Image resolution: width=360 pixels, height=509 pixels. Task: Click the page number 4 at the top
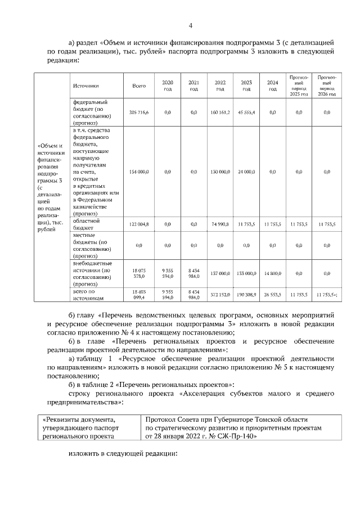coord(190,25)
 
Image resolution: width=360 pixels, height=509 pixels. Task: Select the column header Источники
coord(85,86)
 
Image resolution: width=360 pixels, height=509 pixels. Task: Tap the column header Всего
coord(138,86)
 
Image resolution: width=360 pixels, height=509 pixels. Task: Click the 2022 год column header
coord(220,86)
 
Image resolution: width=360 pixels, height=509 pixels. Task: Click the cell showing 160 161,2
coord(220,112)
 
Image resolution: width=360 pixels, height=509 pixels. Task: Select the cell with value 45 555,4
coord(246,112)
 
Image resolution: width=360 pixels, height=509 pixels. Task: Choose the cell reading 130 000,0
coord(220,172)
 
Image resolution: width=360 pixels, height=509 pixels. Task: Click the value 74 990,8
coord(220,224)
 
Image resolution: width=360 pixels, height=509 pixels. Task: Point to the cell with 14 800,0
coord(273,273)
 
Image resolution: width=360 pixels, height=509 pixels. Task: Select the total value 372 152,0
coord(220,294)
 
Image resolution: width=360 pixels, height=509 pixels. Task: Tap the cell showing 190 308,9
coord(246,294)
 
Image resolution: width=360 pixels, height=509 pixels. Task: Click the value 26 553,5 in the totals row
coord(273,294)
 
